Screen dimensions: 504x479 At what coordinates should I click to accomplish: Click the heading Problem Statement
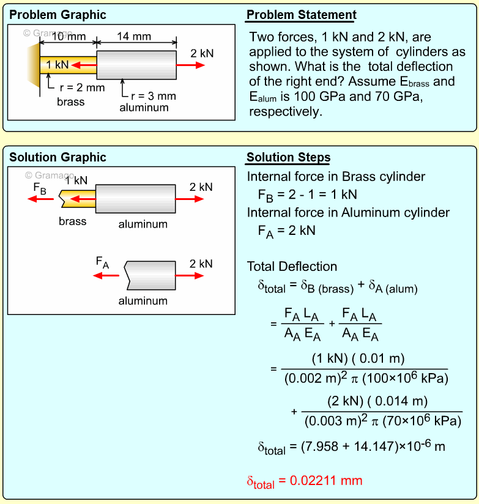point(301,15)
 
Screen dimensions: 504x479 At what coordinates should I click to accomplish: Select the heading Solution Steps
point(288,158)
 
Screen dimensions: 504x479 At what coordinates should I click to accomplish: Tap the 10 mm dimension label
point(69,37)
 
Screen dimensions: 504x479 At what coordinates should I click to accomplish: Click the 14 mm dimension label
point(133,37)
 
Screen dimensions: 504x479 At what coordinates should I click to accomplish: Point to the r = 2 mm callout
point(82,87)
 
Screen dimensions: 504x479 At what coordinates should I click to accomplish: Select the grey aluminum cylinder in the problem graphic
point(136,64)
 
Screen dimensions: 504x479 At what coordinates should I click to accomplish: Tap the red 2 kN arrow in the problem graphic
point(191,64)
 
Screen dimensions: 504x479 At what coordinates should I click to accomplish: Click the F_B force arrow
point(44,199)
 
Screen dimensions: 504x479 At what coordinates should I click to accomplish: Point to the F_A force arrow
point(106,276)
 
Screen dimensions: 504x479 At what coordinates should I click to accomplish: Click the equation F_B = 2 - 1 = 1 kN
point(307,195)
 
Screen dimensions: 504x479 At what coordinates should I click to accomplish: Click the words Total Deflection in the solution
point(292,267)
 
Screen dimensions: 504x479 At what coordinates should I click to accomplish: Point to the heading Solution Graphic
point(58,158)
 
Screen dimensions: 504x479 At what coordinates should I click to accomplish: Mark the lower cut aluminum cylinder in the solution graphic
point(150,276)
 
